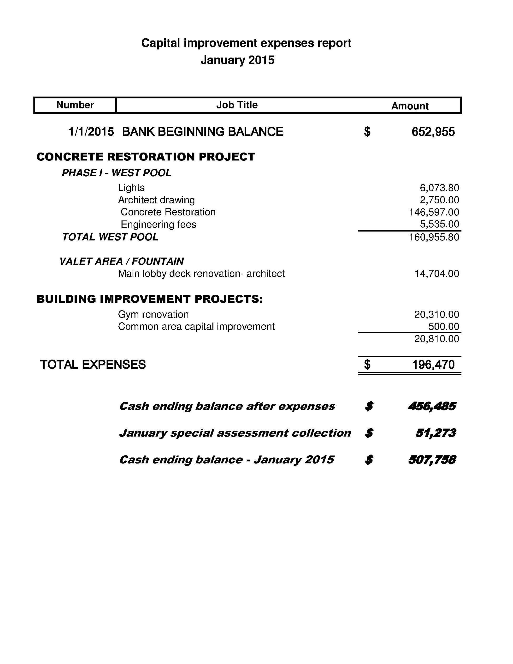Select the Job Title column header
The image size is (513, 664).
[x=237, y=105]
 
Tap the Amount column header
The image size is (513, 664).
[x=410, y=106]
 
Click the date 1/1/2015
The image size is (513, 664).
[x=91, y=132]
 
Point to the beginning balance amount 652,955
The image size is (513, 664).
[x=433, y=132]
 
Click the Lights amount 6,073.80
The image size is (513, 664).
[x=439, y=188]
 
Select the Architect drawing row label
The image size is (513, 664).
[x=156, y=200]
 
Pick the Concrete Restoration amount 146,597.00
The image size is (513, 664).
[x=434, y=212]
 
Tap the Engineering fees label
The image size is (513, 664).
[x=158, y=224]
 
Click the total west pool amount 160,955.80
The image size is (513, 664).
[x=434, y=237]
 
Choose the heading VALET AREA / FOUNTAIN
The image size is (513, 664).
[x=122, y=261]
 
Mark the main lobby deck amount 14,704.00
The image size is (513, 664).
[x=437, y=274]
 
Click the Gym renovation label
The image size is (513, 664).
[x=153, y=314]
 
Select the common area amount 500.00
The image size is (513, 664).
[x=443, y=326]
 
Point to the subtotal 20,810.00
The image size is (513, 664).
[x=437, y=339]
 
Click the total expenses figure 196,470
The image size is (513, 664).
[x=433, y=364]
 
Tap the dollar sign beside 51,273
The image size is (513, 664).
[x=369, y=433]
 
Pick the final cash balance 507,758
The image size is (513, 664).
[x=432, y=460]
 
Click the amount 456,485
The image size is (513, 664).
[x=432, y=406]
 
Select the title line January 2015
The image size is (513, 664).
[x=237, y=60]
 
